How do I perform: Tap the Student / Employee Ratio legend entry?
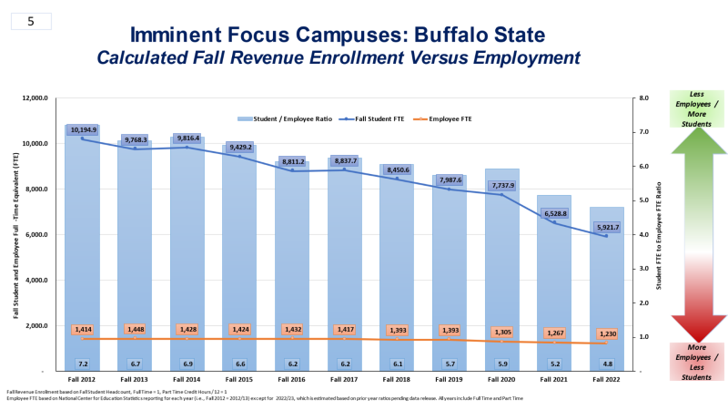pyautogui.click(x=284, y=118)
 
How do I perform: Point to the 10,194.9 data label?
pyautogui.click(x=83, y=130)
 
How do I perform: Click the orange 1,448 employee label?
pyautogui.click(x=135, y=329)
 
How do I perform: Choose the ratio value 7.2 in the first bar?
pyautogui.click(x=83, y=363)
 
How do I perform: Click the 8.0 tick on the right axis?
pyautogui.click(x=643, y=98)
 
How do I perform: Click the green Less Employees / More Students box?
pyautogui.click(x=697, y=107)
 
